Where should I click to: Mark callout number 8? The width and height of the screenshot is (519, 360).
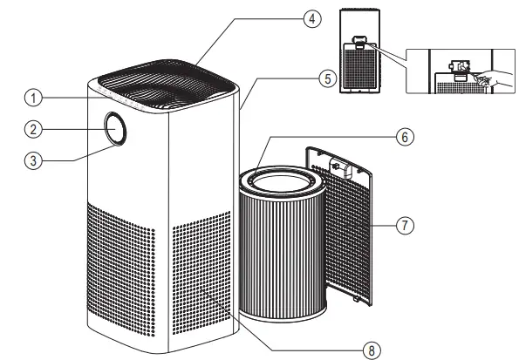tap(372, 350)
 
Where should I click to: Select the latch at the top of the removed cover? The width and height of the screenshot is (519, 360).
tap(337, 163)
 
